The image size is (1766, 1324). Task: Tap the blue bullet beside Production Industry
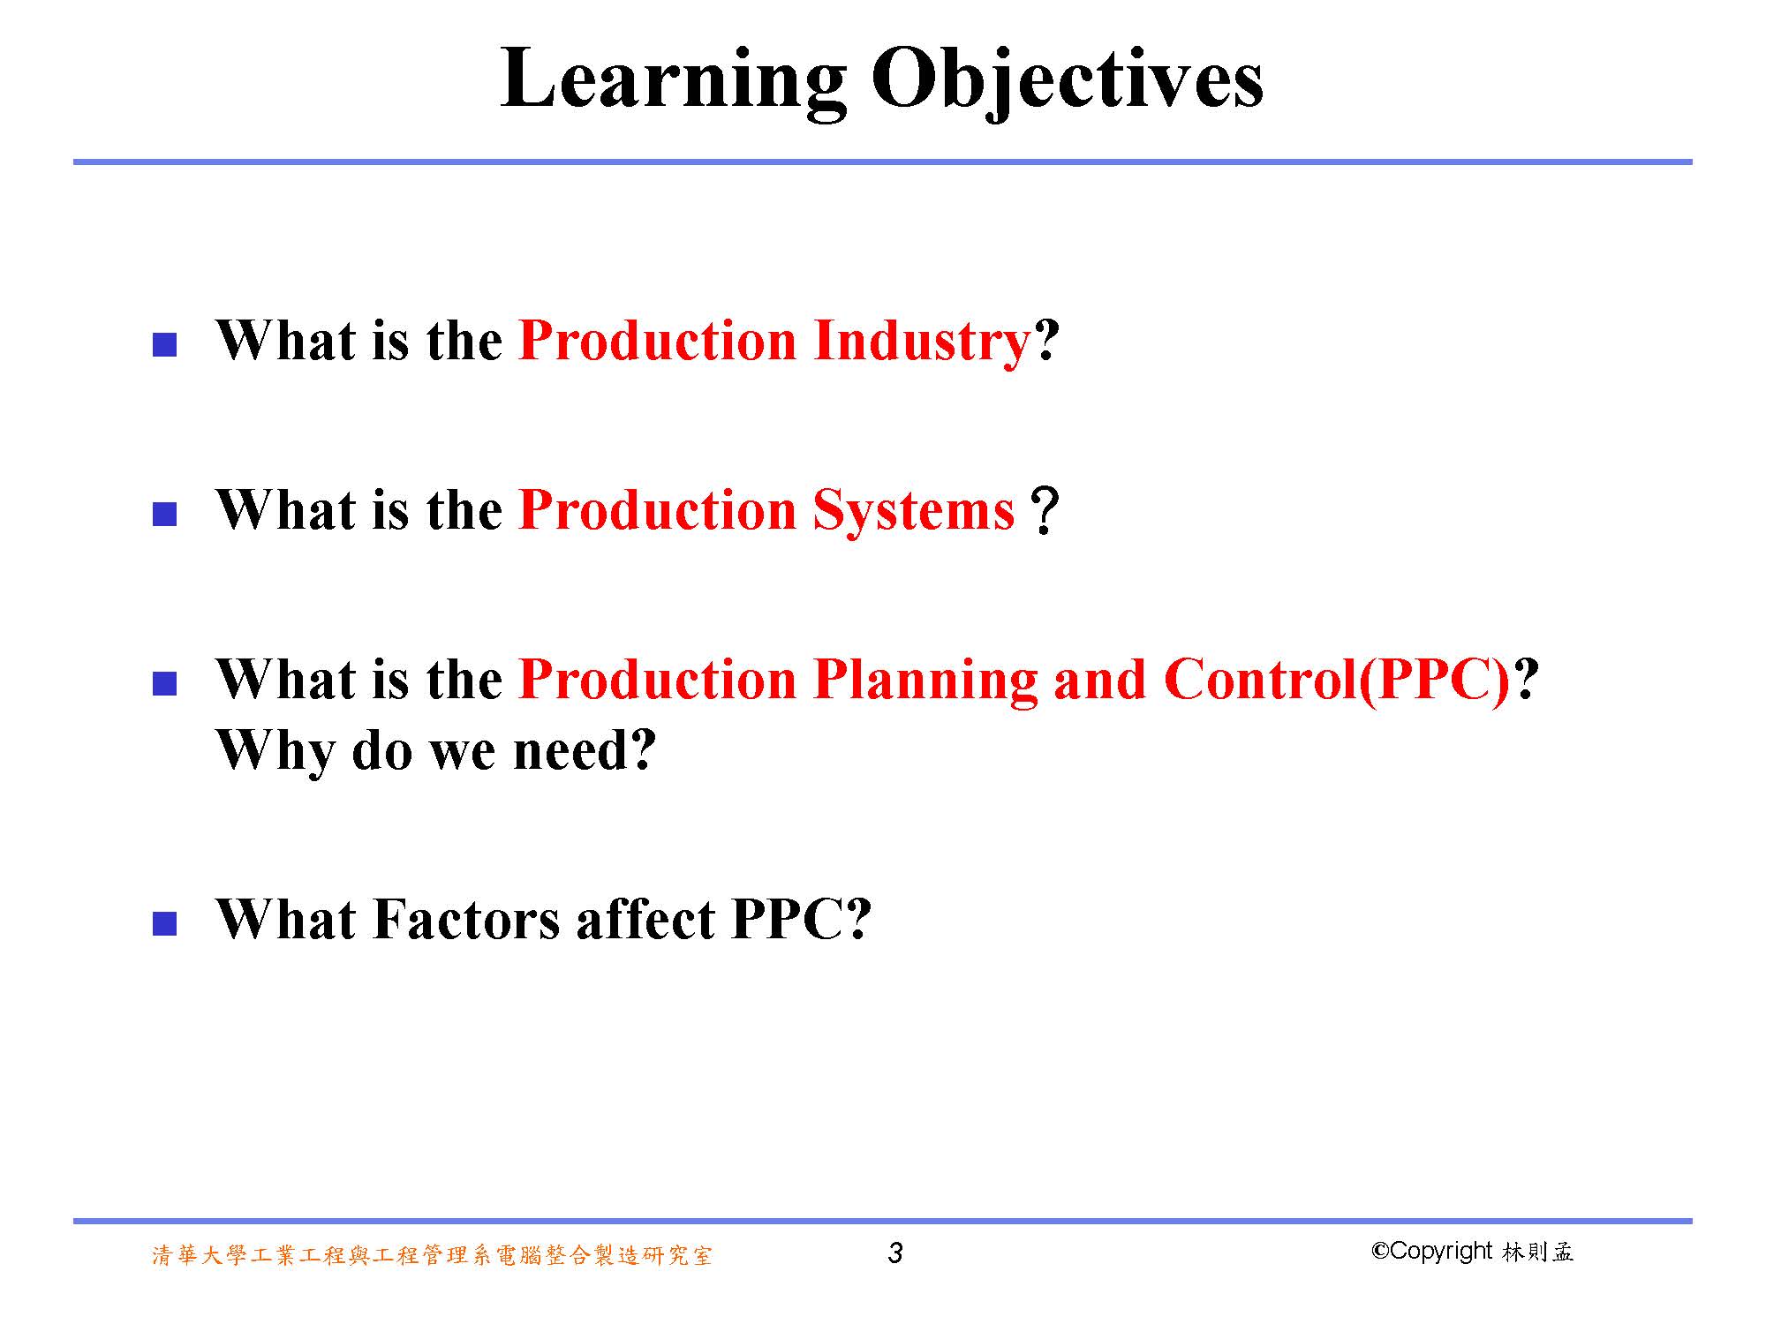pos(165,344)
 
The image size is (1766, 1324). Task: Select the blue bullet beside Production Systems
pos(165,514)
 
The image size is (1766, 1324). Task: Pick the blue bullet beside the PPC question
pos(165,683)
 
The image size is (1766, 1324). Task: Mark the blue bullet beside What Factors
pos(165,923)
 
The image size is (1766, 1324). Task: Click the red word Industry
pos(923,342)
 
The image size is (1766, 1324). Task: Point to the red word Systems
pos(914,512)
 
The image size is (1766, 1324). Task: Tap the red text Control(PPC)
pos(1338,681)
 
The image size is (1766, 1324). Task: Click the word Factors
pos(466,920)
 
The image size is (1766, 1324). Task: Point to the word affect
pos(645,920)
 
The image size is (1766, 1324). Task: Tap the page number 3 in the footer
pos(895,1253)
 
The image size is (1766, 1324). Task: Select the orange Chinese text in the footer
pos(432,1255)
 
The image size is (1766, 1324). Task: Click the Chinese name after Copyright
pos(1537,1252)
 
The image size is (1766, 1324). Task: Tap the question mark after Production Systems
pos(1045,512)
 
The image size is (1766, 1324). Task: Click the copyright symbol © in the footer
pos(1380,1251)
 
